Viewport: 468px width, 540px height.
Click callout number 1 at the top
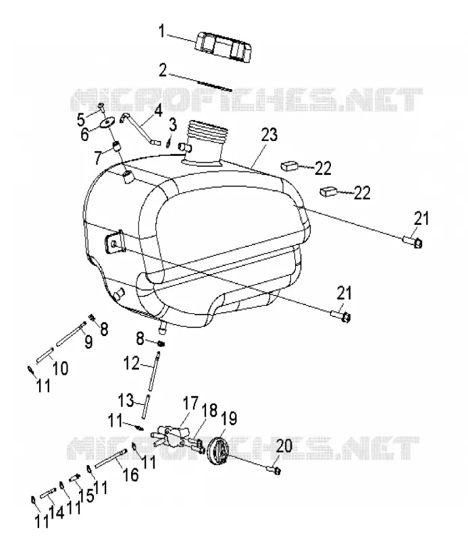[x=161, y=31]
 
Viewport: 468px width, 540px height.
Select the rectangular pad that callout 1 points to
[x=223, y=47]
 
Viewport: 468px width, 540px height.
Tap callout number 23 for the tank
[x=269, y=134]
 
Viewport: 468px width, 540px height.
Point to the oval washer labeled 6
[x=107, y=124]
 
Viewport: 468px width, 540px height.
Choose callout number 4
[x=158, y=111]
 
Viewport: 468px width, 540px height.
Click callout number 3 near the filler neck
[x=173, y=124]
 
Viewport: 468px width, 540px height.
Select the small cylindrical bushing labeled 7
[x=116, y=146]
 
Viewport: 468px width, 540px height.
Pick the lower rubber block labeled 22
[x=328, y=191]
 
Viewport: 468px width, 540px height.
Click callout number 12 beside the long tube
[x=131, y=363]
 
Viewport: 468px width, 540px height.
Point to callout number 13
[x=126, y=400]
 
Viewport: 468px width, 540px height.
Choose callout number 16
[x=131, y=475]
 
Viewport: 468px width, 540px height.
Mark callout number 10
[x=61, y=368]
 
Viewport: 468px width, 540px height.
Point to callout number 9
[x=88, y=342]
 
